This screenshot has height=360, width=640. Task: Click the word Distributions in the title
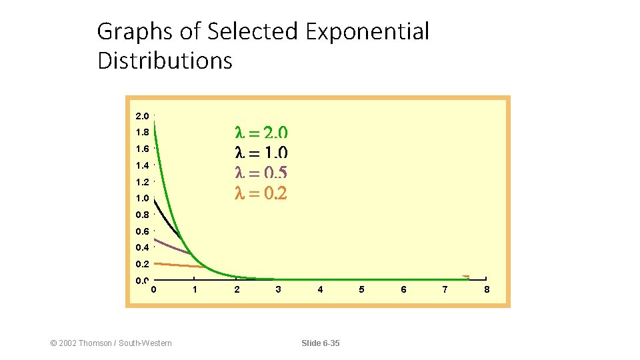165,61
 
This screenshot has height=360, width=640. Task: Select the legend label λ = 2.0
261,132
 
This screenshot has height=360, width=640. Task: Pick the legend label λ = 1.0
261,153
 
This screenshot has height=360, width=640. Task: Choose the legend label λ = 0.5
261,173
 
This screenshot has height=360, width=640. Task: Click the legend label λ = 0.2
261,193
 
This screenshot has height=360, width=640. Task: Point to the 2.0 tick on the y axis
142,116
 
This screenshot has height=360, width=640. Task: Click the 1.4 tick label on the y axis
142,165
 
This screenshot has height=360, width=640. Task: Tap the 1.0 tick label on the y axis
142,199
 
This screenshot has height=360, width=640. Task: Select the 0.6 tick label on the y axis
142,231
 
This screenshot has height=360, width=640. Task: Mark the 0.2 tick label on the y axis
142,264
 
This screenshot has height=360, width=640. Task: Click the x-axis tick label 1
195,290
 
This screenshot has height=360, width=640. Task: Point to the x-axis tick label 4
320,290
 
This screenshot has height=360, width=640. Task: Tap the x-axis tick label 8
487,290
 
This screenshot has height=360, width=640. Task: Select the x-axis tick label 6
403,290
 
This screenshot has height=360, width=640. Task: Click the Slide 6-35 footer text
320,343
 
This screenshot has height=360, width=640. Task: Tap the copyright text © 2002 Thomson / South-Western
111,343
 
